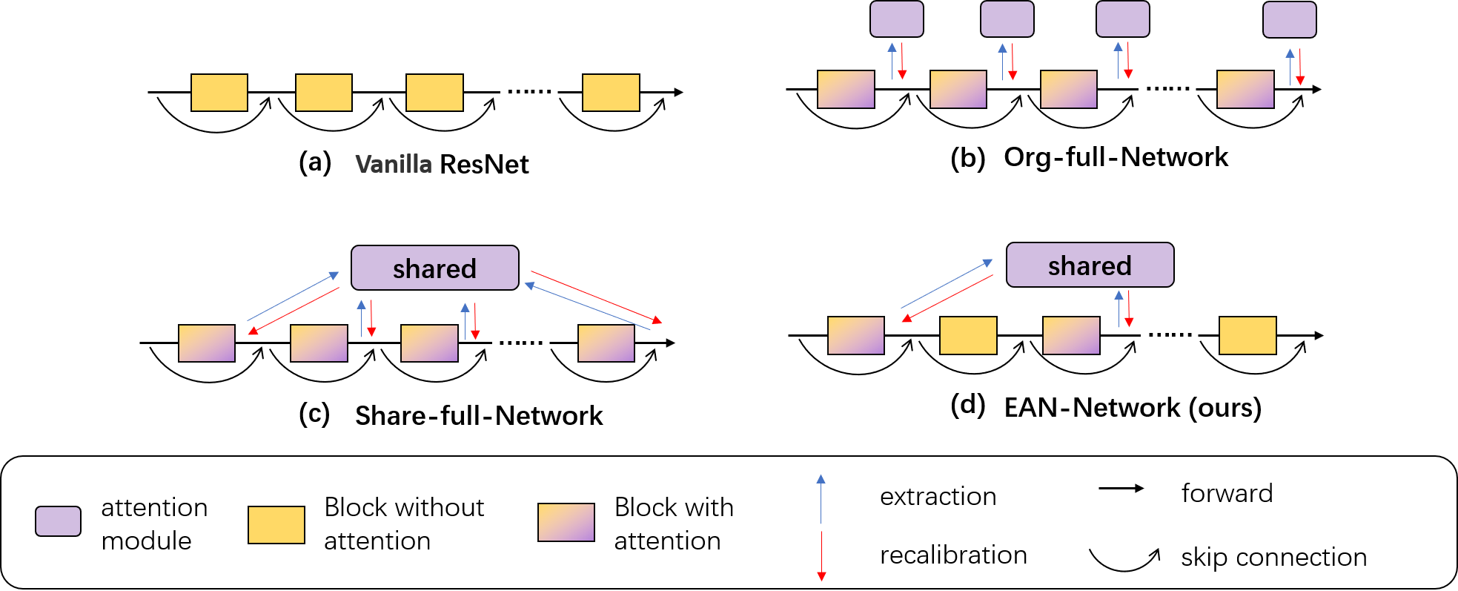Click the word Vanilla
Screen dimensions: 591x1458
(x=394, y=164)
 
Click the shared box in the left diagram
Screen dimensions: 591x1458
(x=434, y=268)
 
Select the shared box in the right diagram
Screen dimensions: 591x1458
(x=1090, y=265)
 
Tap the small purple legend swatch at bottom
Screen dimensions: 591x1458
(x=58, y=521)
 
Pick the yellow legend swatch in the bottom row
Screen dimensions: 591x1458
(x=276, y=525)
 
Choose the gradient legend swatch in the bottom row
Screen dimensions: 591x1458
(x=566, y=522)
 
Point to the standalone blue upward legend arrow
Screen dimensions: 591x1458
(x=821, y=498)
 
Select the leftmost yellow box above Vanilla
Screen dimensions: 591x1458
(x=219, y=93)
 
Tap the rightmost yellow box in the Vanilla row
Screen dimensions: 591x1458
(x=611, y=93)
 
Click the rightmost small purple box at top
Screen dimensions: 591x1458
(x=1289, y=19)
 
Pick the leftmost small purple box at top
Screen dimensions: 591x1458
(x=896, y=19)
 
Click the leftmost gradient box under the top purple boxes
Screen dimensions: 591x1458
(x=846, y=90)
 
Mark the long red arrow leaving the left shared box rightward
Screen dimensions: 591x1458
(x=597, y=297)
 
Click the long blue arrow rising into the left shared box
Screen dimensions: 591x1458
(x=293, y=297)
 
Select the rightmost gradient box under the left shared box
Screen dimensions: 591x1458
(x=606, y=343)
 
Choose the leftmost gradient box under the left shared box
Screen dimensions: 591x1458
(x=206, y=343)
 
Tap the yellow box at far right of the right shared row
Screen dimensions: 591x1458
(x=1247, y=335)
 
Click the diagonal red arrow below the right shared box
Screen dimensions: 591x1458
(x=947, y=298)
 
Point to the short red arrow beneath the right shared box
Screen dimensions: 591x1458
(x=1129, y=308)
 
